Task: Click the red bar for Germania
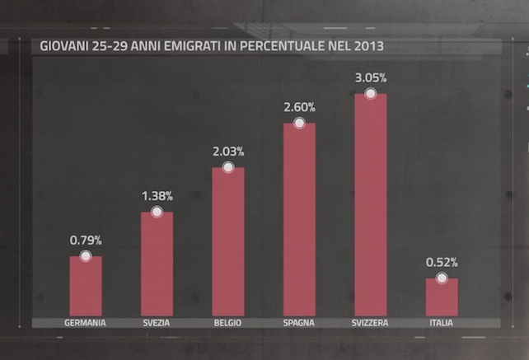[x=86, y=287]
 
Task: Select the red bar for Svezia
[x=157, y=264]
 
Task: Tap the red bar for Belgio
[x=228, y=241]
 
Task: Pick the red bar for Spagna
[x=299, y=219]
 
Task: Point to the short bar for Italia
[x=442, y=297]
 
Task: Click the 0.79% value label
[x=86, y=241]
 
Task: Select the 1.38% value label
[x=157, y=196]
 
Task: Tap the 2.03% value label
[x=228, y=152]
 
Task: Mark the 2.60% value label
[x=299, y=107]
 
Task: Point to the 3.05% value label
[x=371, y=77]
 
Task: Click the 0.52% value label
[x=442, y=263]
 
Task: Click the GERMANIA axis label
[x=85, y=323]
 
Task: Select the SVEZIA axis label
[x=157, y=323]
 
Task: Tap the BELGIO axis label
[x=228, y=323]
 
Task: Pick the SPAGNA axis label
[x=299, y=323]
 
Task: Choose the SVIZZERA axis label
[x=371, y=323]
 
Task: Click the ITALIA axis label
[x=441, y=323]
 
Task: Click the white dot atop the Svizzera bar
[x=371, y=93]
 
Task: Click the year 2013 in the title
[x=367, y=46]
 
